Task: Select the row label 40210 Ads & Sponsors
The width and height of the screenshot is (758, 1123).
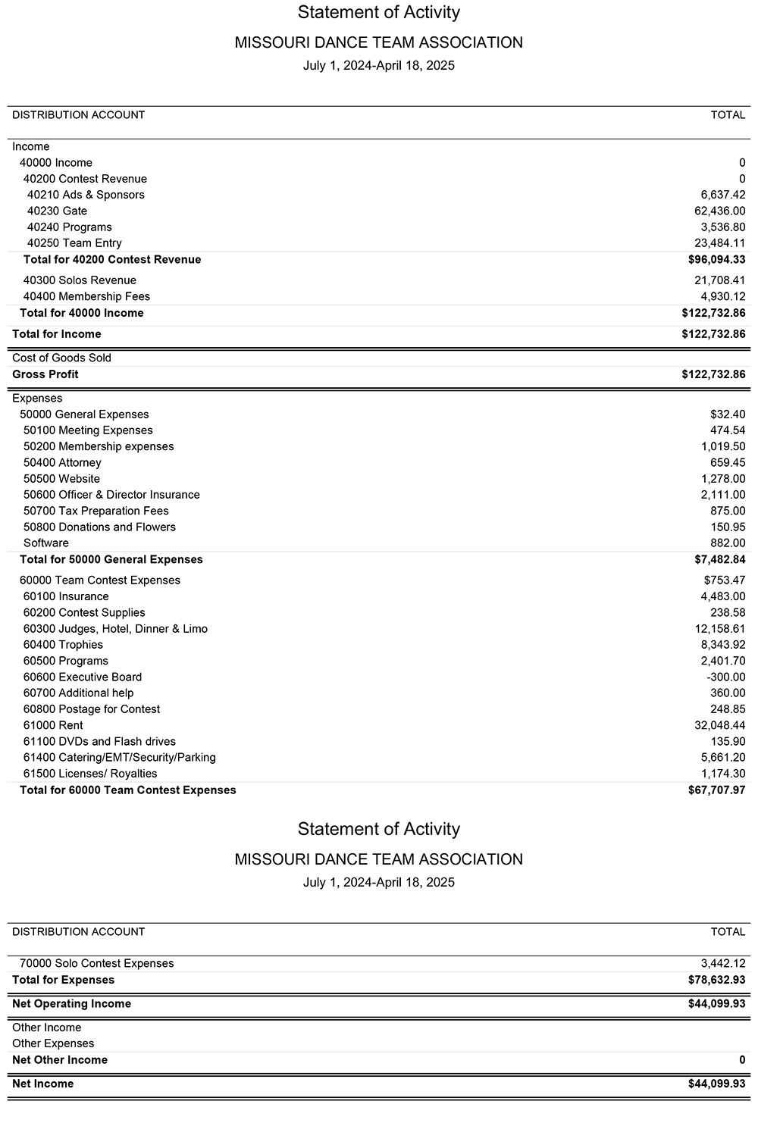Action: tap(86, 195)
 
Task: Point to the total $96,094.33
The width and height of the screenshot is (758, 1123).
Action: tap(713, 259)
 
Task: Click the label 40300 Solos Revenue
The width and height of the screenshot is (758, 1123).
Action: tap(80, 280)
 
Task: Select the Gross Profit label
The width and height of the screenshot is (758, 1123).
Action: tap(45, 374)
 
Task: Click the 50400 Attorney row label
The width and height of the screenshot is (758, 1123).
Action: tap(62, 462)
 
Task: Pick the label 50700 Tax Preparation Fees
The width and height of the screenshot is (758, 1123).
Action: tap(96, 511)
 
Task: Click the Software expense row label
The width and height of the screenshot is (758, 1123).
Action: tap(46, 543)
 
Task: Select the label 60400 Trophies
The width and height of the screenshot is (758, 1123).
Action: tap(63, 645)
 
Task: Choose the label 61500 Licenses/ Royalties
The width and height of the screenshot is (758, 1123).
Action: tap(90, 774)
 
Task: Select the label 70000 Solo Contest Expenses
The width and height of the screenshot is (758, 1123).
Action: tap(96, 963)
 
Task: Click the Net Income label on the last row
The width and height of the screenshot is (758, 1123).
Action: tap(42, 1084)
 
